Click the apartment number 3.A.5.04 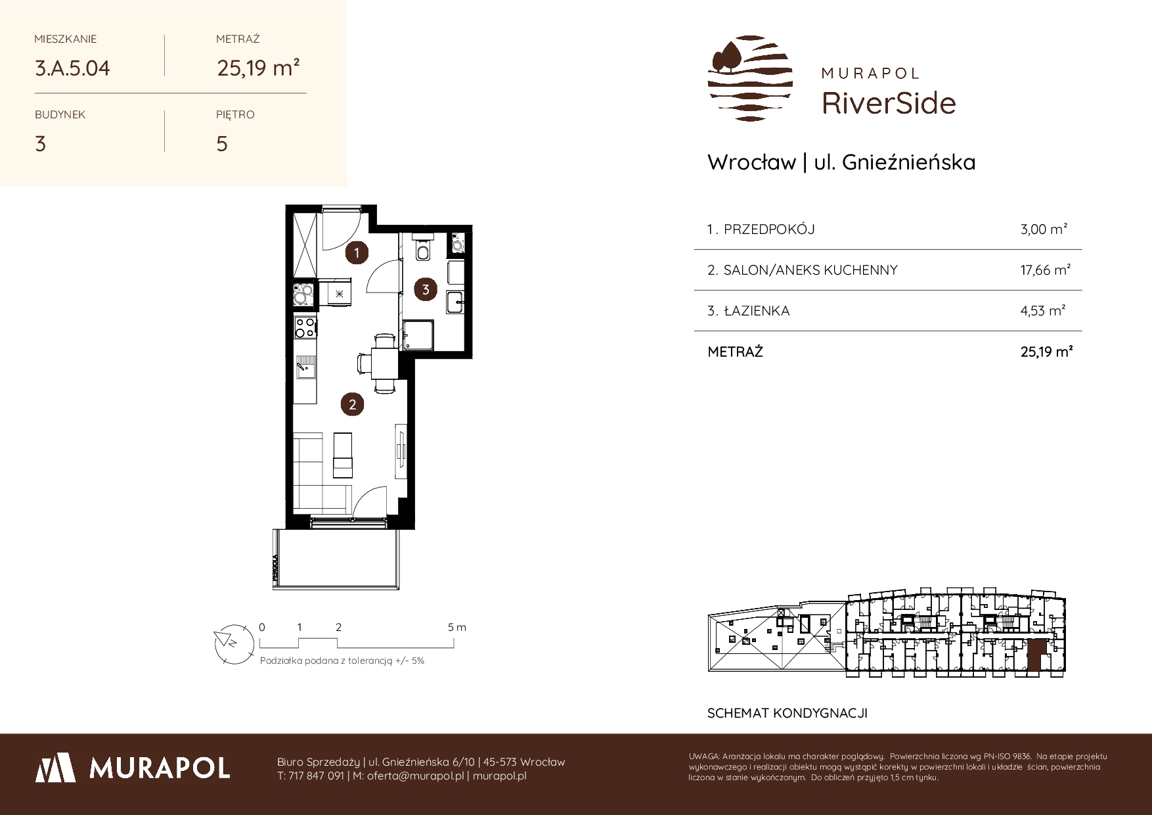(x=72, y=68)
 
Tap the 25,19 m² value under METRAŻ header (x=258, y=68)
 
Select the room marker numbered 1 (x=357, y=252)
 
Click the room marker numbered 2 (x=352, y=404)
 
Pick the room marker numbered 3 (x=426, y=289)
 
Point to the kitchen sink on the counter (x=305, y=367)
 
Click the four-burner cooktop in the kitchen (x=305, y=327)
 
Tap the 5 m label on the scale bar (x=457, y=627)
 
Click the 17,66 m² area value (x=1046, y=270)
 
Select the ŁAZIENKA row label (x=757, y=311)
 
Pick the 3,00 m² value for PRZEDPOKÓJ (x=1044, y=229)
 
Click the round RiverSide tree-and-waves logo (x=750, y=78)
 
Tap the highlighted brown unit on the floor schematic (x=1034, y=656)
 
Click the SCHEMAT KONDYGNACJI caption (x=787, y=713)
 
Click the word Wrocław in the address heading (x=751, y=162)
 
